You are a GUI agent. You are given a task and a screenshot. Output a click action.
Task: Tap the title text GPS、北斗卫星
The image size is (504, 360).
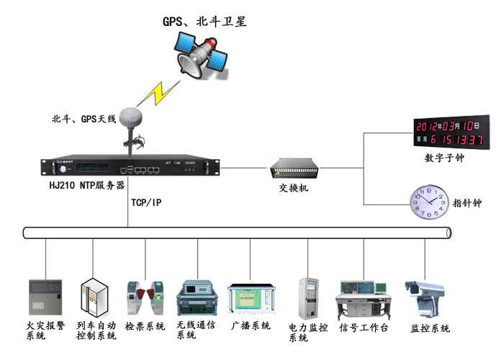[204, 22]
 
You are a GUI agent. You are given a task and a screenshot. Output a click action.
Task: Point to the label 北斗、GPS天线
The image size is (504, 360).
[84, 118]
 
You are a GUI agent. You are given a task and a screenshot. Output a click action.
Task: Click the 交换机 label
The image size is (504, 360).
[294, 188]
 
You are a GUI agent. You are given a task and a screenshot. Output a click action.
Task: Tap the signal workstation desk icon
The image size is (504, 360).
[364, 297]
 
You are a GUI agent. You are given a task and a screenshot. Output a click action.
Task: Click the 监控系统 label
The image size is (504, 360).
[430, 328]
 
